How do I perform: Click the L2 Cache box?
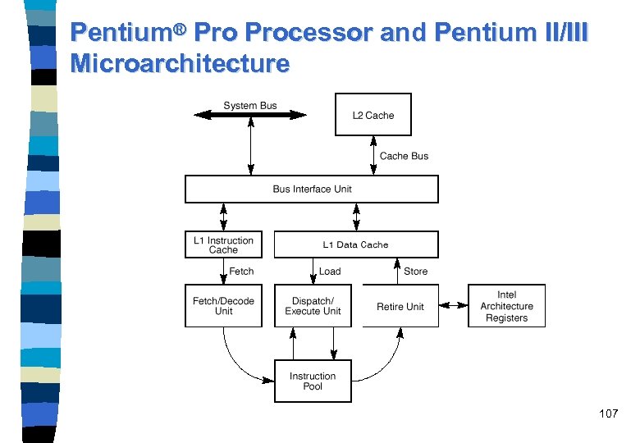[373, 115]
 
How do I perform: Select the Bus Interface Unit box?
[312, 189]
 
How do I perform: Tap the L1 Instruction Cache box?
[223, 244]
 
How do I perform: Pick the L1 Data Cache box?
[355, 244]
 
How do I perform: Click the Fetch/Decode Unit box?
[223, 306]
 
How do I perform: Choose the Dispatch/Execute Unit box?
[313, 306]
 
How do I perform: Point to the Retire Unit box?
[400, 306]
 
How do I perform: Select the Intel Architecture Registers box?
[506, 306]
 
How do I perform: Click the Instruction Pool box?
[313, 381]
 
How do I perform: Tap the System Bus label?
[250, 105]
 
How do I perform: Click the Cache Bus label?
[404, 156]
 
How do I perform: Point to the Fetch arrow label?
[241, 272]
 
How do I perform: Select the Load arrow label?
[330, 272]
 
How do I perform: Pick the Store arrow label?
[415, 272]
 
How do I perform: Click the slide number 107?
[608, 413]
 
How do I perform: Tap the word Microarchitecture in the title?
[180, 64]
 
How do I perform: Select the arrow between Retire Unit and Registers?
[453, 306]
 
